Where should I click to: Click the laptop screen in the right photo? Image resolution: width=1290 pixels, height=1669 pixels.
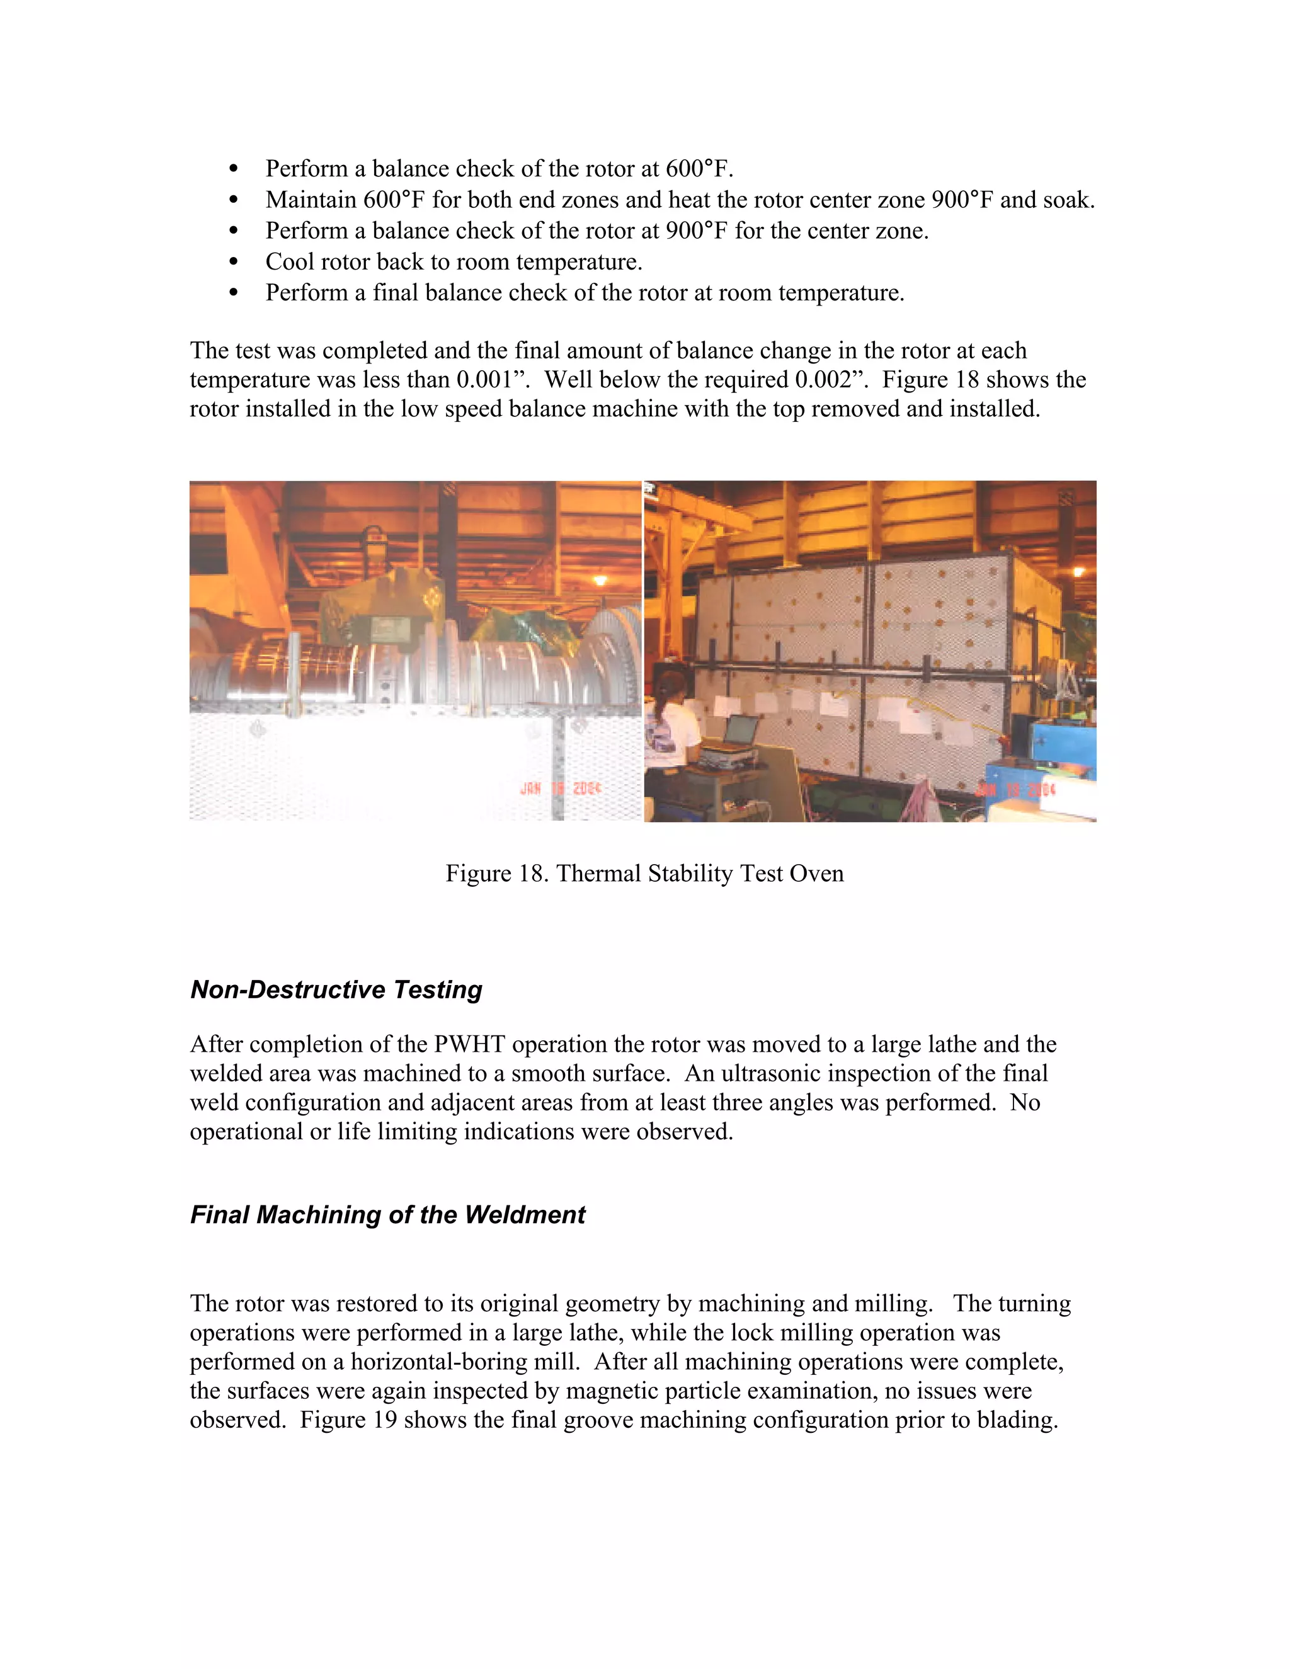tap(739, 731)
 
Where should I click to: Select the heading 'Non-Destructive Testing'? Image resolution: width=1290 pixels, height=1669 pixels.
tap(336, 989)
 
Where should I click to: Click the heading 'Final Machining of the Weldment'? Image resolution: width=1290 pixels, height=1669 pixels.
tap(387, 1214)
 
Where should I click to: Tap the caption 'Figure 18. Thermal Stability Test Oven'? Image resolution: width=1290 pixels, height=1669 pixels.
tap(644, 874)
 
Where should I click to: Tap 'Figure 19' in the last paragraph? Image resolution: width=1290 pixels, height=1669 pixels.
tap(348, 1420)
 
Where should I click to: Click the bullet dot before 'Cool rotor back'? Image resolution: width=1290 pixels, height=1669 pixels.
tap(234, 262)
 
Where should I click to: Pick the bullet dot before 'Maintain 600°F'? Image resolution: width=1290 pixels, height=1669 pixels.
tap(234, 200)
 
